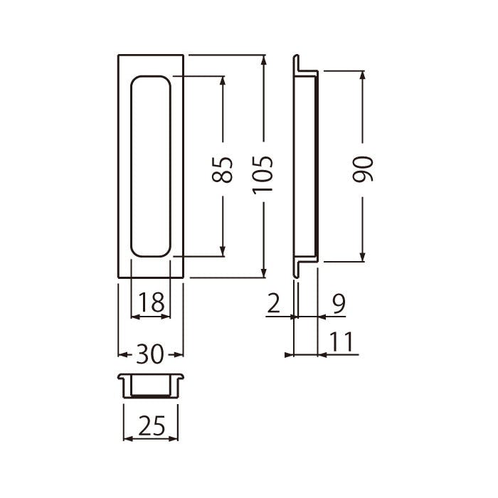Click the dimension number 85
[222, 169]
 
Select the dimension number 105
[263, 175]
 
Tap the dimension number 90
[362, 169]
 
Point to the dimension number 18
[152, 302]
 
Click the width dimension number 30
[150, 354]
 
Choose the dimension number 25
[152, 425]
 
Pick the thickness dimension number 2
[273, 302]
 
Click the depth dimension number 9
[339, 302]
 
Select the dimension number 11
[341, 341]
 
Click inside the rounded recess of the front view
[151, 166]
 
